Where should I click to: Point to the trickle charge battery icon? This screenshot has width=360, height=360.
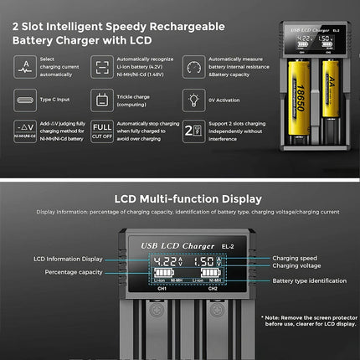[x=103, y=100]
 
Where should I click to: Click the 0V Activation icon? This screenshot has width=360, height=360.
[x=193, y=100]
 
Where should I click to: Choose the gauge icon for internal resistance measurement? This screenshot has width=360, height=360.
[x=193, y=68]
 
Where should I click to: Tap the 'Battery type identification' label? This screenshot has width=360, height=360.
[x=309, y=280]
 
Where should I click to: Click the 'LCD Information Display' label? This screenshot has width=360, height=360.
[x=69, y=259]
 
